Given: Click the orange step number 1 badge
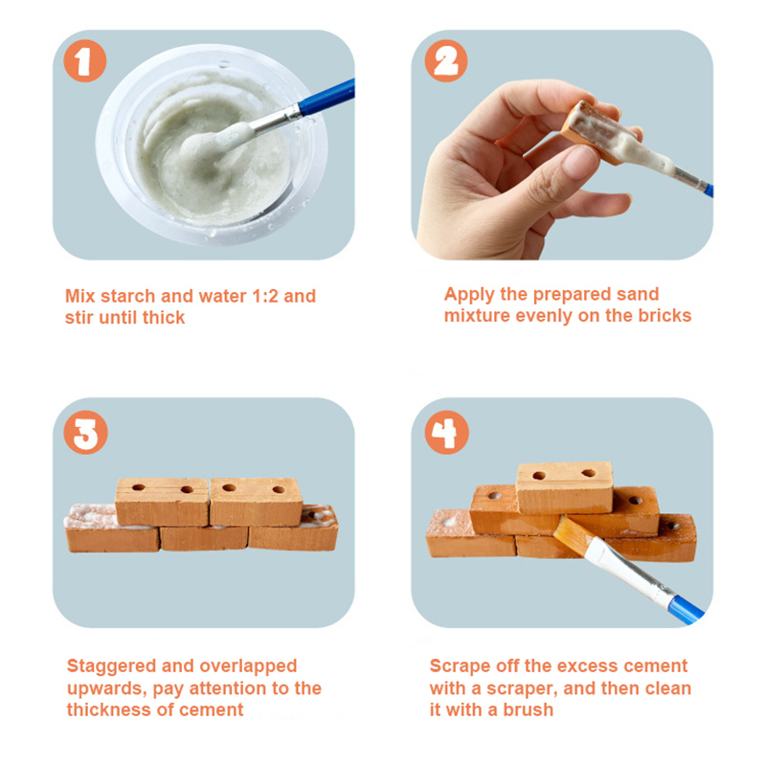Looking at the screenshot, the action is (x=85, y=60).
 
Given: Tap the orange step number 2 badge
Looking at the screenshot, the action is (x=446, y=60).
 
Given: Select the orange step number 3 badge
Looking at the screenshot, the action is (x=85, y=433).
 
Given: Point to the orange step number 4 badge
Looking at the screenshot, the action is (x=446, y=433).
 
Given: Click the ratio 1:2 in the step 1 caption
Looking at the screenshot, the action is (x=265, y=296).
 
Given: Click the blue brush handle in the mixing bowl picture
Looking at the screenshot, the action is (x=327, y=97).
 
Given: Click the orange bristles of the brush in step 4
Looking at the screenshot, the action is (x=573, y=535).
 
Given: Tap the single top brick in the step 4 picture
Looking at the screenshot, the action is (x=565, y=487).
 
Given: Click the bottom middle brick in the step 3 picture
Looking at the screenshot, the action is (x=204, y=538).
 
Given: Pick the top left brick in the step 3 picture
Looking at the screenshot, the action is (x=162, y=502).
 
